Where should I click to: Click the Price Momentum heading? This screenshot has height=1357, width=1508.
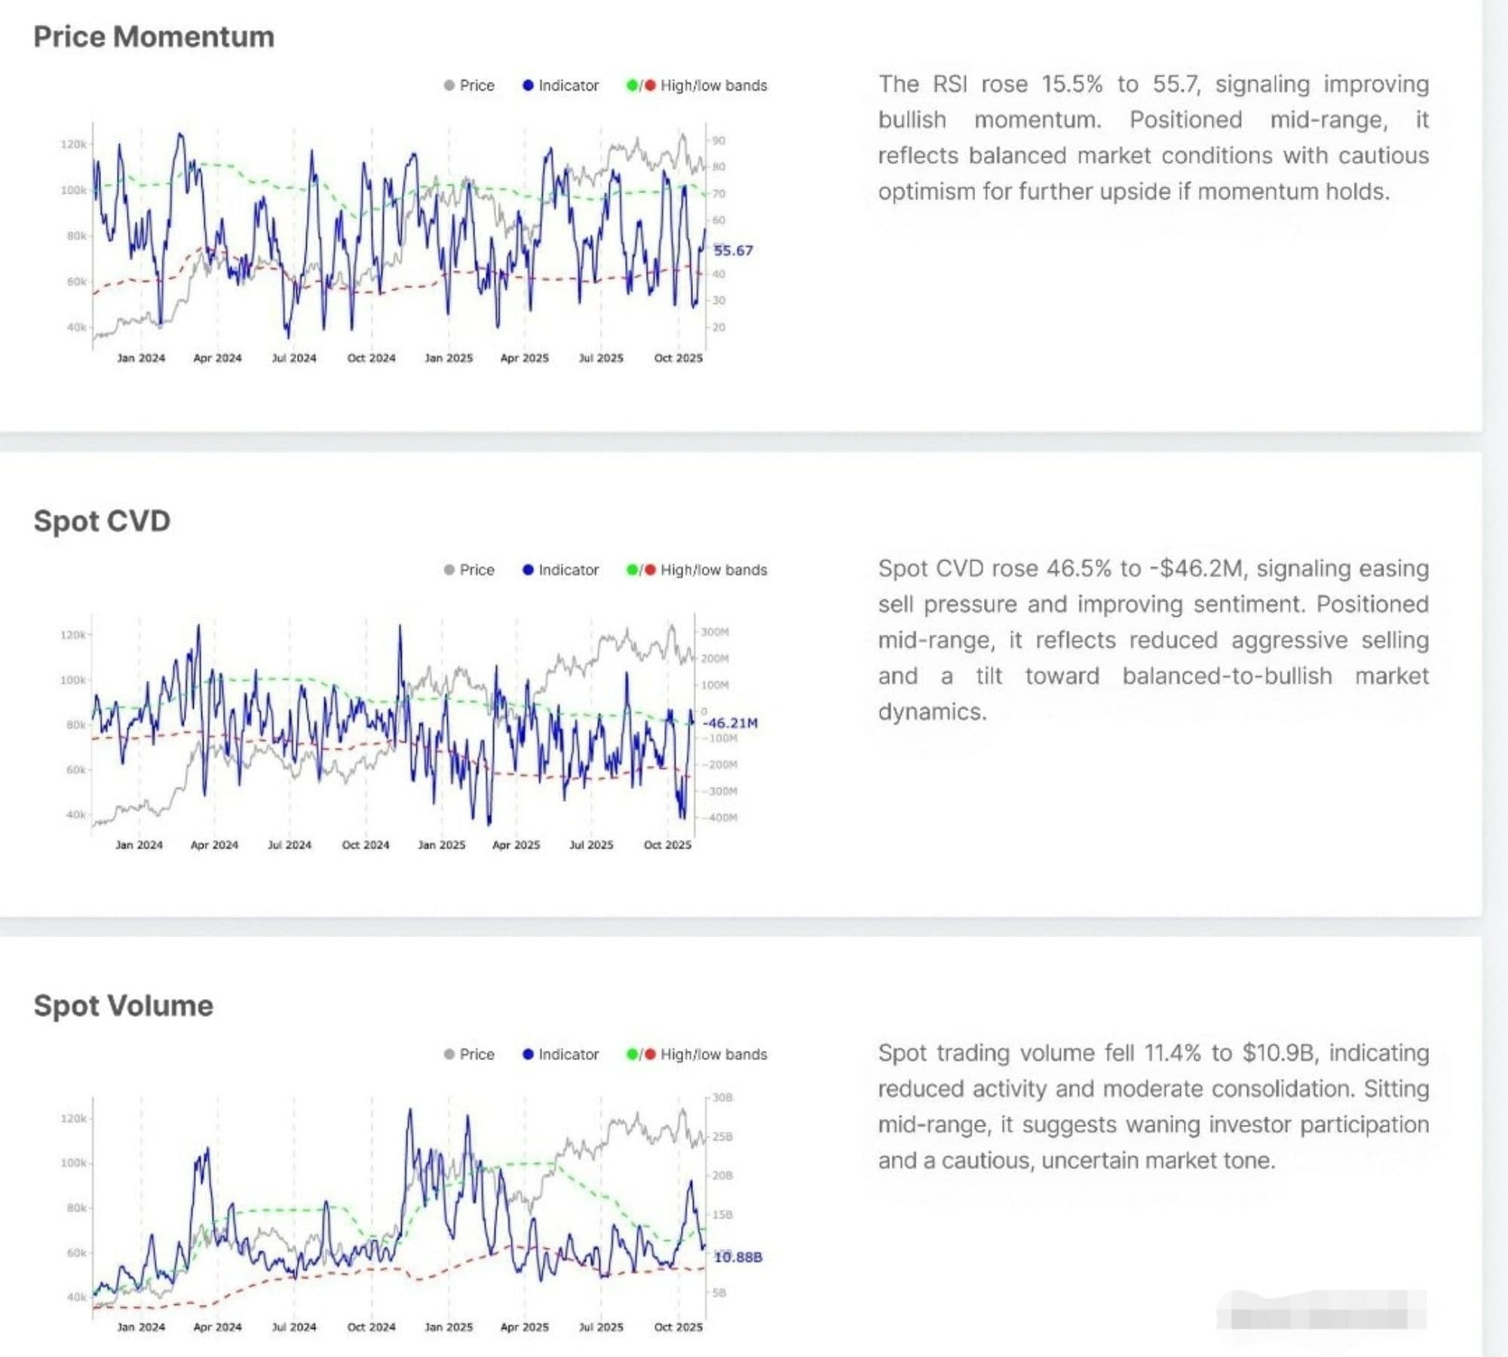pos(154,37)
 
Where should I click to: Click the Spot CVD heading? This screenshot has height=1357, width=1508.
pos(102,521)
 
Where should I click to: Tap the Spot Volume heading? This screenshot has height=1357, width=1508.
pos(123,1006)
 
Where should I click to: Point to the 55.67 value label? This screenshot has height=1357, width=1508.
pos(733,250)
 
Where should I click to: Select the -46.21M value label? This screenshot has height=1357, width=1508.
pos(730,723)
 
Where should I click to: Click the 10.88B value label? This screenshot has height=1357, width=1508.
pos(737,1257)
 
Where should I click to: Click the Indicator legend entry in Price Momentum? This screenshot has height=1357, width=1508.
pos(561,86)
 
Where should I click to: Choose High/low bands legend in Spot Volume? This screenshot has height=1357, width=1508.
pos(697,1054)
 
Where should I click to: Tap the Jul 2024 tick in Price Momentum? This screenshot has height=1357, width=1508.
pos(294,358)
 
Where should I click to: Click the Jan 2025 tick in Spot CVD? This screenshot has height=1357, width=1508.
pos(442,845)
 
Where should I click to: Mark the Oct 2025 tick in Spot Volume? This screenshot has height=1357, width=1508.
pos(678,1327)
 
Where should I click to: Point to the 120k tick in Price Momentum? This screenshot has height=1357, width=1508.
pos(73,144)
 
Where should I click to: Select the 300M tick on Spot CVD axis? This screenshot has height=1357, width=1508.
pos(715,632)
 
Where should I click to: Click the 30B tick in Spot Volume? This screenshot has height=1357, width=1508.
pos(722,1098)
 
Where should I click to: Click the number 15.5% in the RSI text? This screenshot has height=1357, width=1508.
pos(1071,84)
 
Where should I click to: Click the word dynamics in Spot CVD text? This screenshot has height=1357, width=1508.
pos(932,712)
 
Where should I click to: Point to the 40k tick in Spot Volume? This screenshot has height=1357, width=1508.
pos(76,1297)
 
